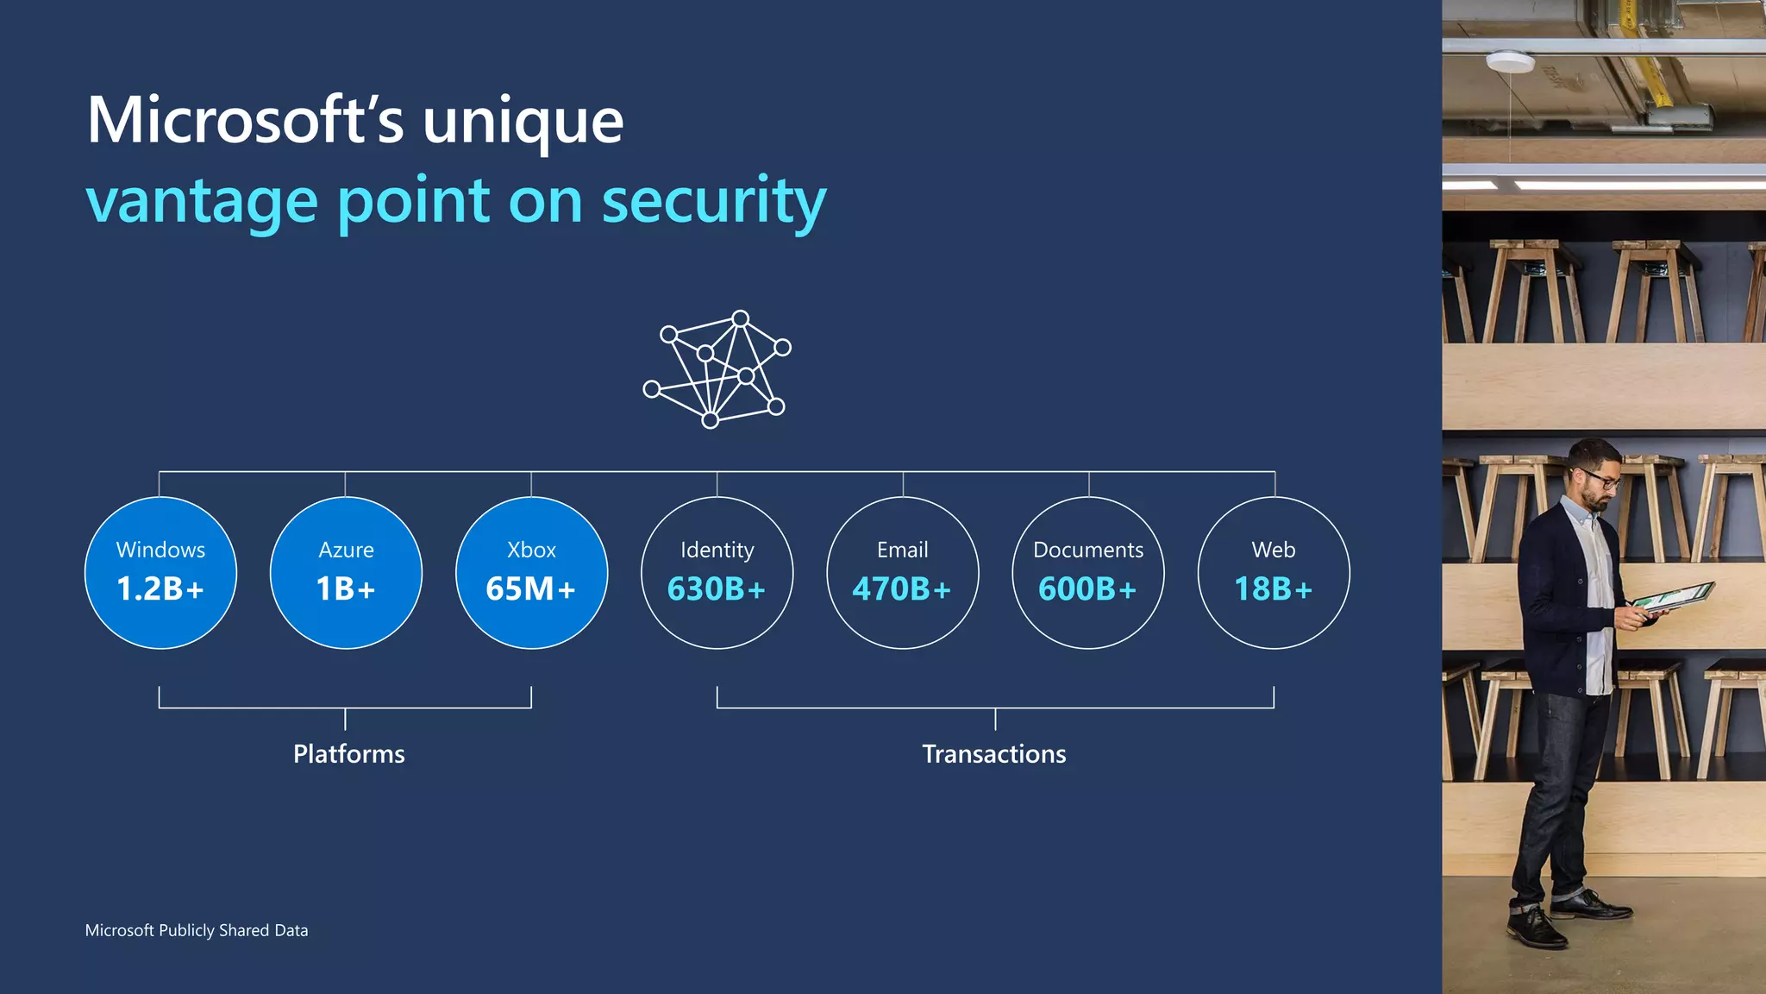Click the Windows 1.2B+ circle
[x=160, y=573]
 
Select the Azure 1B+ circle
[x=346, y=573]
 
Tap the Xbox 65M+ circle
[x=531, y=573]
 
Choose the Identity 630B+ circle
[x=717, y=573]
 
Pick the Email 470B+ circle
[x=902, y=573]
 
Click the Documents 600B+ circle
[x=1088, y=573]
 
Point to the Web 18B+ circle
[x=1274, y=573]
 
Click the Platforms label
[x=348, y=754]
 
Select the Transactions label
[x=994, y=754]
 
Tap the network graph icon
[x=717, y=369]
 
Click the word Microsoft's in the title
[x=245, y=120]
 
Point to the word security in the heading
[x=713, y=201]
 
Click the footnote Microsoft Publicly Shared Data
[x=197, y=930]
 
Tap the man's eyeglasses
[x=1600, y=478]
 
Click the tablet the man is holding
[x=1670, y=596]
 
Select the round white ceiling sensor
[x=1510, y=61]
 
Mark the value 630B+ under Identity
[x=717, y=589]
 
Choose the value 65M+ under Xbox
[x=530, y=589]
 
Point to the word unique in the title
[x=523, y=120]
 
